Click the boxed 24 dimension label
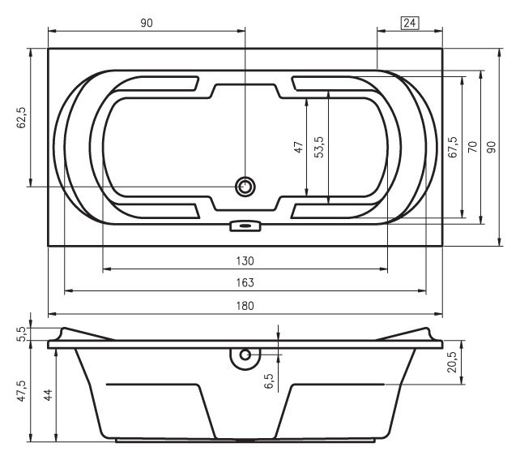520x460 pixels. pos(410,23)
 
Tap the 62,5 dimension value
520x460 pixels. pos(21,118)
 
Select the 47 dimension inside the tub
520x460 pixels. pos(298,147)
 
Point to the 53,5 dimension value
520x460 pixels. pos(318,147)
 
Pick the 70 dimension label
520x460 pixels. pos(472,147)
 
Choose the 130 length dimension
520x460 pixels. pos(245,260)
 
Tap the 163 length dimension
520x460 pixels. pos(245,282)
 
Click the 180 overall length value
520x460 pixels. pos(245,306)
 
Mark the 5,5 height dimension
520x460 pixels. pos(22,333)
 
